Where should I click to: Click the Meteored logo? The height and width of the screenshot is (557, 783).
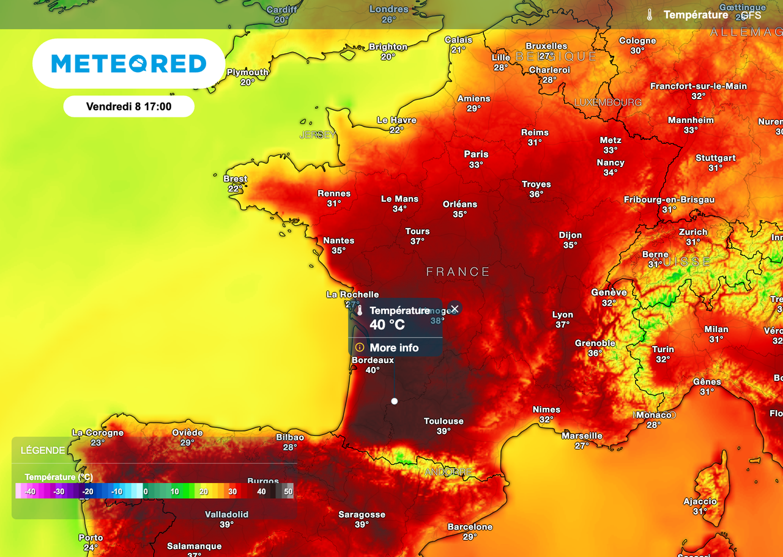128,64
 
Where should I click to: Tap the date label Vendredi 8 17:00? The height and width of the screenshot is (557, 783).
128,106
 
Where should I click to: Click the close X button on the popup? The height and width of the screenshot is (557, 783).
454,309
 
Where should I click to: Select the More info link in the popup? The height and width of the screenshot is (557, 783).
394,347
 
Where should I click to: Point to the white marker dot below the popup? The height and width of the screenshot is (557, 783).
395,401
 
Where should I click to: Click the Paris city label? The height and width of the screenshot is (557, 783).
476,154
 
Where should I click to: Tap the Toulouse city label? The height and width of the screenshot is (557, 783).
443,421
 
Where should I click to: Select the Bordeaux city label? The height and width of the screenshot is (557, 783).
373,360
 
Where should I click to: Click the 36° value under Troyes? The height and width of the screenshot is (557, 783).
536,194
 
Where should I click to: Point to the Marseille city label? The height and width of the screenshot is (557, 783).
582,436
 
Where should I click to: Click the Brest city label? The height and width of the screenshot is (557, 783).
235,179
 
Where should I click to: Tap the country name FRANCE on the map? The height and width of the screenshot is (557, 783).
458,271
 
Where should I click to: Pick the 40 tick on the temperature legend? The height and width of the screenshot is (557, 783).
261,492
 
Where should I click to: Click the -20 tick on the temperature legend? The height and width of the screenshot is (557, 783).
88,492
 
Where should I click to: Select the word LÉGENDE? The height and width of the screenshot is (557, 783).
43,451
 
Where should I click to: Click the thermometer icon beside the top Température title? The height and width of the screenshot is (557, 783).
650,15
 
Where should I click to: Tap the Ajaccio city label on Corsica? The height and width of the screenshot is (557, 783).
700,501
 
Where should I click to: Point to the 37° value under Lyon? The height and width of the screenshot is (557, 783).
563,325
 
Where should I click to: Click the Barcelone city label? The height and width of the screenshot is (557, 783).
470,526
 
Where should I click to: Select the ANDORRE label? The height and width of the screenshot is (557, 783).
448,472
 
